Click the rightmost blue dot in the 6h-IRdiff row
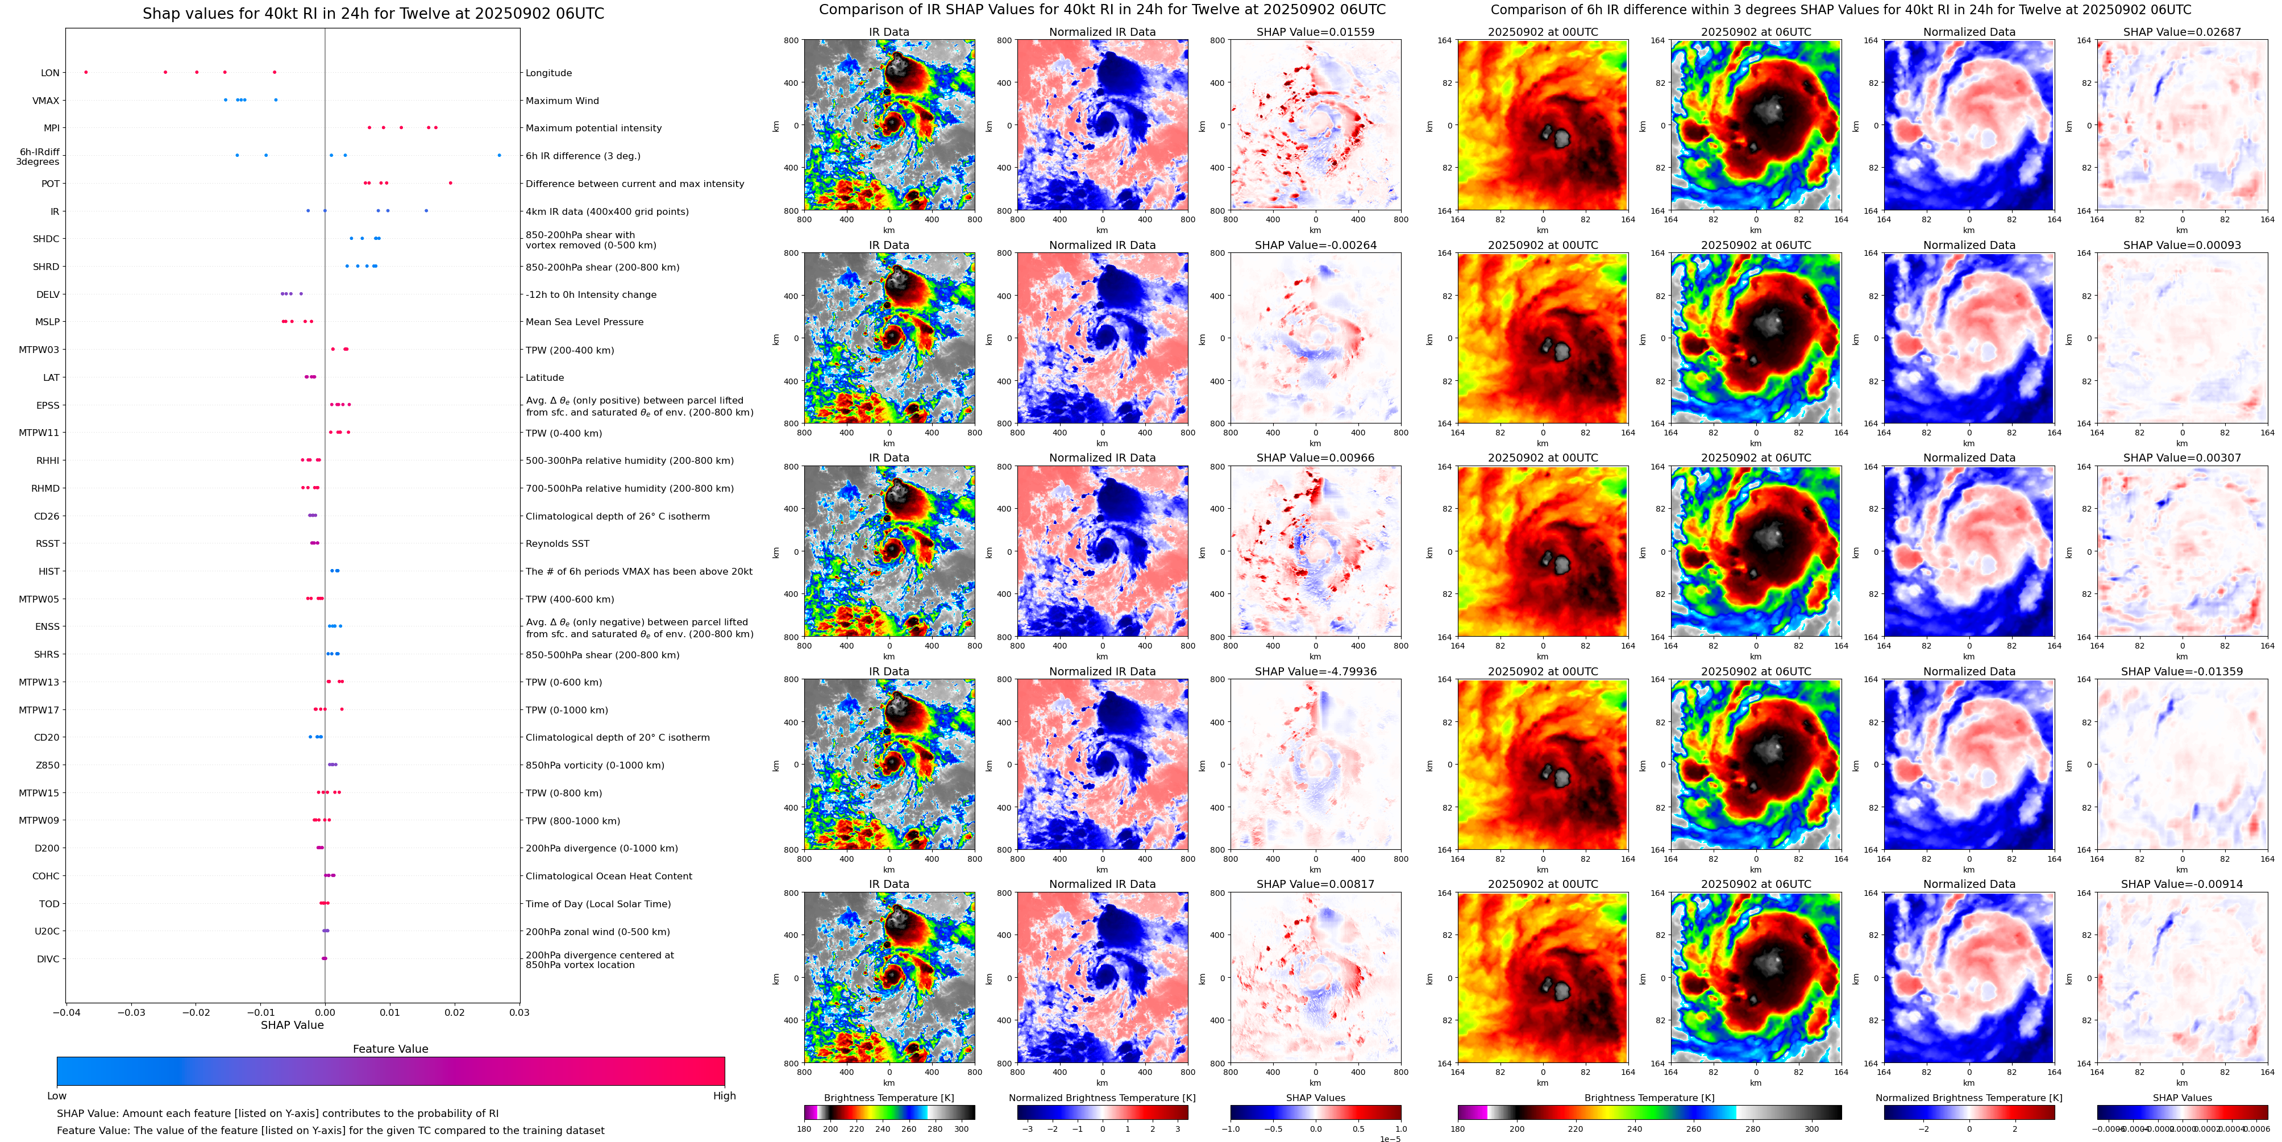coord(499,155)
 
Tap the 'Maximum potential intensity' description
coord(593,128)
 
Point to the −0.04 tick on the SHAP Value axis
coord(65,1012)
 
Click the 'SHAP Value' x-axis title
coord(292,1025)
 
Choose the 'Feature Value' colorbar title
coord(390,1049)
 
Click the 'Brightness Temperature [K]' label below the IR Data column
coord(888,1098)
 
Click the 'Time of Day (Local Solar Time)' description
coord(597,904)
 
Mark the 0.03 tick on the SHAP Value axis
coord(519,1012)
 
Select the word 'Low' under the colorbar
coord(57,1096)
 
